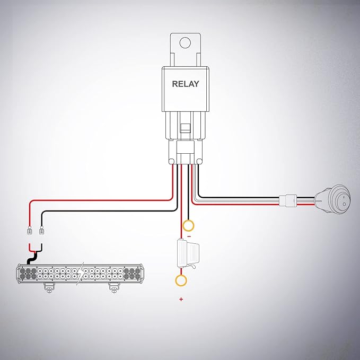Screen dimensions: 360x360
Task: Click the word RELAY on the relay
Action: pyautogui.click(x=186, y=84)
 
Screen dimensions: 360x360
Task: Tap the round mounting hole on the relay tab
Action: pyautogui.click(x=185, y=43)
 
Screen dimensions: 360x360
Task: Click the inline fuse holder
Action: pyautogui.click(x=188, y=254)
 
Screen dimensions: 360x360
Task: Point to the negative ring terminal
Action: pyautogui.click(x=188, y=225)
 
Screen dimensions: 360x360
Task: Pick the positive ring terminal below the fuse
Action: pyautogui.click(x=181, y=280)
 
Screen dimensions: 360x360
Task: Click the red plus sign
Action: pyautogui.click(x=181, y=299)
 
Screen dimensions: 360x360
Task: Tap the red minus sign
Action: pyautogui.click(x=189, y=236)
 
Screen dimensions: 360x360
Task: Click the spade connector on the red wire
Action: pyautogui.click(x=30, y=230)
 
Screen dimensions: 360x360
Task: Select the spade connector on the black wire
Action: pyautogui.click(x=41, y=230)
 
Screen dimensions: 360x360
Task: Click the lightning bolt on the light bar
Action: pyautogui.click(x=80, y=274)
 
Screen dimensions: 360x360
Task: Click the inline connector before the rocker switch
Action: pyautogui.click(x=288, y=200)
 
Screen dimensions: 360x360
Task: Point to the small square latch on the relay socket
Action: pyautogui.click(x=185, y=128)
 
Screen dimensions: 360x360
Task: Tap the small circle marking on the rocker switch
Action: pyautogui.click(x=344, y=204)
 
